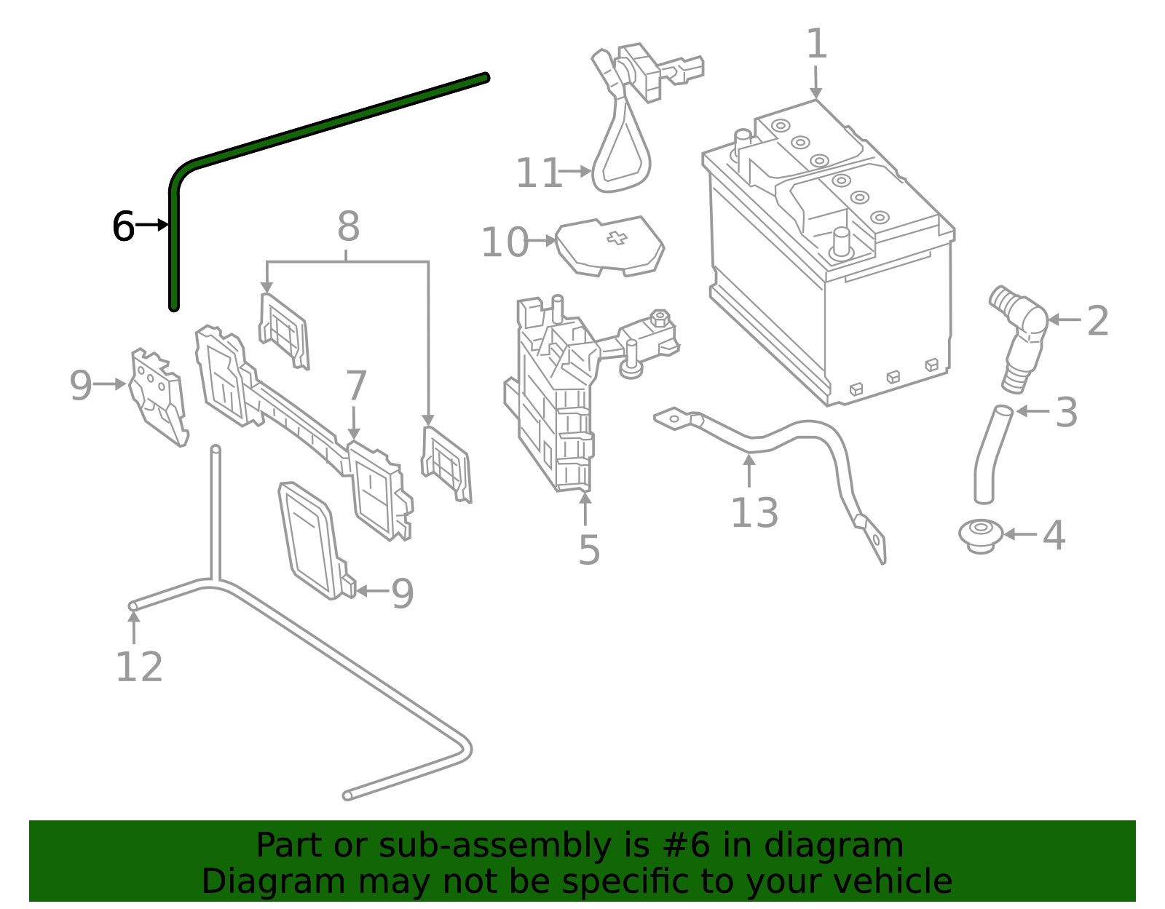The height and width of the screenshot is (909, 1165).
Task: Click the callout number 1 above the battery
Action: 817,45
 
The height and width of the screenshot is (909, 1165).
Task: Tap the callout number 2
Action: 1097,322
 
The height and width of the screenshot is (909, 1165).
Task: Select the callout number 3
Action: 1066,413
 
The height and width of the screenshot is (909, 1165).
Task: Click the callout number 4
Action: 1054,536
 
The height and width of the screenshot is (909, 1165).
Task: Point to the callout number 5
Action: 589,550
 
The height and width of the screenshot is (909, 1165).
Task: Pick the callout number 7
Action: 356,386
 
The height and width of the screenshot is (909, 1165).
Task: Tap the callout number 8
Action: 348,227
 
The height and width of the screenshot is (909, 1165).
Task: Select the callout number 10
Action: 504,242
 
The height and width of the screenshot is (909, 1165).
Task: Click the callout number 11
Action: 539,174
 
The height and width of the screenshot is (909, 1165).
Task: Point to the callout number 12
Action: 139,667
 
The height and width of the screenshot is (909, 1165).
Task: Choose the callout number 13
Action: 754,513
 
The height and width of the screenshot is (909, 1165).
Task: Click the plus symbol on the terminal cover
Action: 617,238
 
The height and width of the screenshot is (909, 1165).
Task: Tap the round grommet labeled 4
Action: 981,535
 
